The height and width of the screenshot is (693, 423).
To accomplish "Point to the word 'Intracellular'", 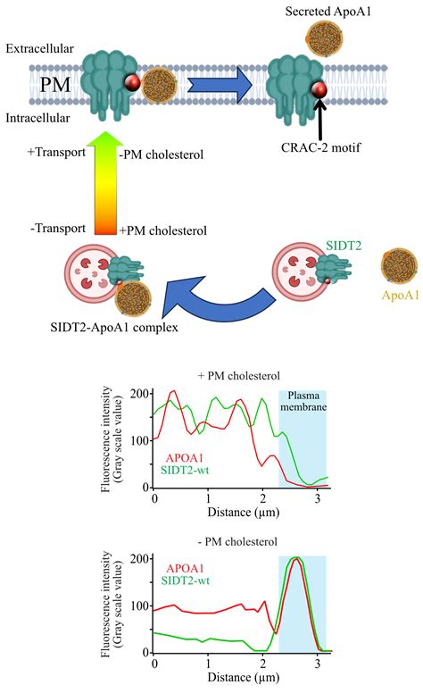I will coord(39,117).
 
